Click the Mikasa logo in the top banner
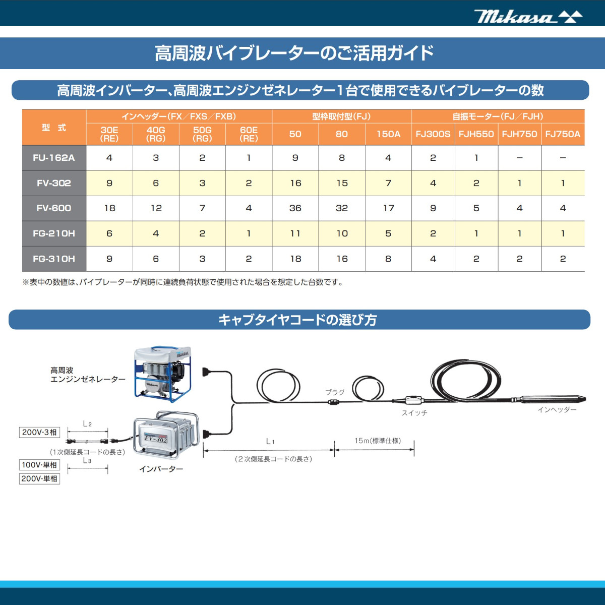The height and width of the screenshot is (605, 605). click(x=527, y=17)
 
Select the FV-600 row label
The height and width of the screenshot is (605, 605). click(x=54, y=208)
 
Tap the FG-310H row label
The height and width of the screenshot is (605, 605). click(x=54, y=259)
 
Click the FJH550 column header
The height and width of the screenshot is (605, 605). click(x=476, y=134)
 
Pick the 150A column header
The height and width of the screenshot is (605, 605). click(x=388, y=134)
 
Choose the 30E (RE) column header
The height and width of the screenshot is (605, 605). click(x=109, y=134)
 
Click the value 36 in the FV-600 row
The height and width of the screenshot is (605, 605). click(x=295, y=208)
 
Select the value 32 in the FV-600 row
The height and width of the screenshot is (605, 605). click(x=342, y=208)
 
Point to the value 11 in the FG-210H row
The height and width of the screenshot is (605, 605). click(x=295, y=233)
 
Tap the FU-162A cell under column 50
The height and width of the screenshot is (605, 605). click(x=295, y=158)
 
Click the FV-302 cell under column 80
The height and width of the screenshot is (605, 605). click(x=342, y=183)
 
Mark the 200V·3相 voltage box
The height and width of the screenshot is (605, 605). click(x=39, y=432)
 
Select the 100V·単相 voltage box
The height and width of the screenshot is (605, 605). click(x=39, y=465)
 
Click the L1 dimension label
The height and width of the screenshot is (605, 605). click(x=270, y=442)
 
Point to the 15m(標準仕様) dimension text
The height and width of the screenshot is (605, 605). click(x=378, y=441)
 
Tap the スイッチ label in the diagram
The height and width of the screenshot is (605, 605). click(x=414, y=413)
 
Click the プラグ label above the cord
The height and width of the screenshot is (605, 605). click(x=335, y=392)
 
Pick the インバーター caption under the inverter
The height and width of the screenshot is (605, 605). click(x=161, y=469)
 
